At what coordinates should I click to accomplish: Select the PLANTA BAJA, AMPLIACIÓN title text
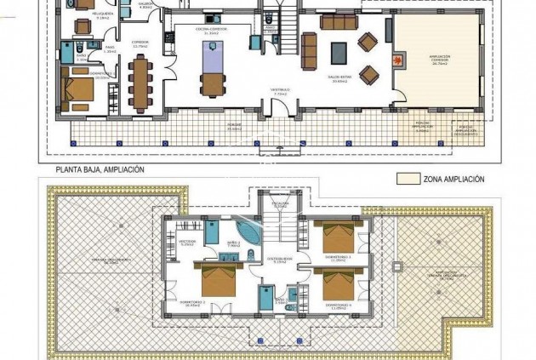(x=100, y=169)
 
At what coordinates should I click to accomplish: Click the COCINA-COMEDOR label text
(x=207, y=30)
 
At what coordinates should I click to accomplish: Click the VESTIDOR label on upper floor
(x=187, y=241)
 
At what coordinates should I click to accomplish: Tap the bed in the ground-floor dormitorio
(x=80, y=90)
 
